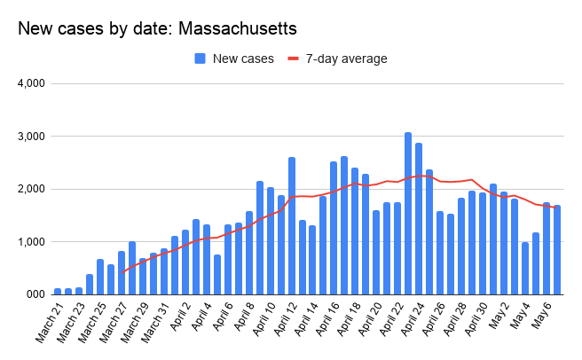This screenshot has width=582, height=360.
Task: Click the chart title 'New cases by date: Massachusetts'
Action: click(157, 28)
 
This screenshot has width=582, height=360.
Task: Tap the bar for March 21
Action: click(58, 291)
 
